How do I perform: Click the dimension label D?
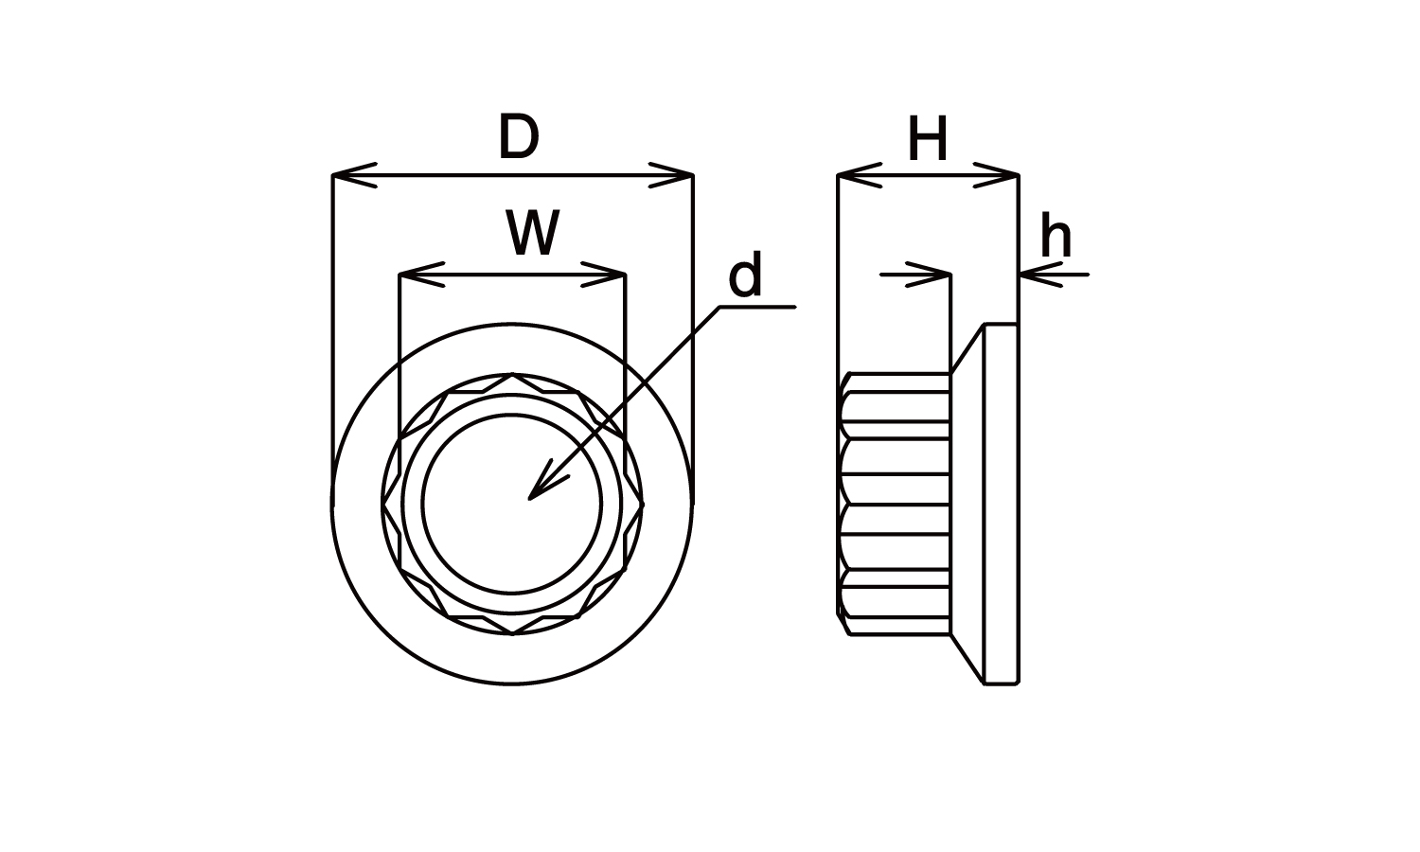518,138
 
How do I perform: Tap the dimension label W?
532,234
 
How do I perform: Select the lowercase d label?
745,277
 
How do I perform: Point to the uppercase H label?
927,141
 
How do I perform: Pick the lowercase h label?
1056,238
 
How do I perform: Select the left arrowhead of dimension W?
419,275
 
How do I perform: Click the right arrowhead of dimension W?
605,275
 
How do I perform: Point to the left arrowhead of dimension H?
858,175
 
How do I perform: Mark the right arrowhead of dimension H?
998,175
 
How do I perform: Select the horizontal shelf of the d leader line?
757,307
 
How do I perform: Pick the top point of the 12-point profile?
512,374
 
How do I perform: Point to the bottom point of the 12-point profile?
512,633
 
